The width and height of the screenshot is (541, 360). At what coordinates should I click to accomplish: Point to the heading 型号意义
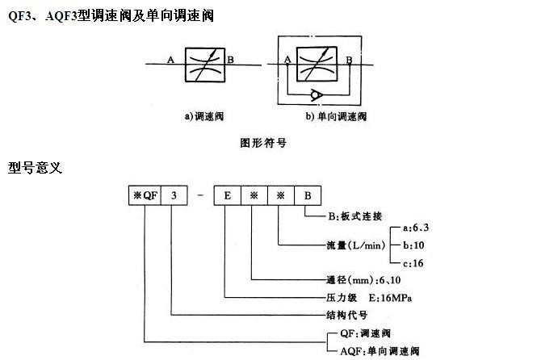[36, 170]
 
